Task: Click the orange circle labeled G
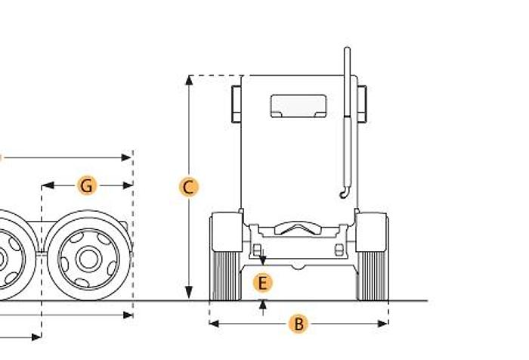click(x=87, y=185)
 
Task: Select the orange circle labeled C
click(x=189, y=187)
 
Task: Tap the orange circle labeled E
click(x=262, y=284)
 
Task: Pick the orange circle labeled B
click(x=299, y=324)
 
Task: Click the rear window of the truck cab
click(x=299, y=106)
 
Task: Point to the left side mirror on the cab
click(x=235, y=104)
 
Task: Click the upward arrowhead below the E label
click(x=262, y=305)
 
